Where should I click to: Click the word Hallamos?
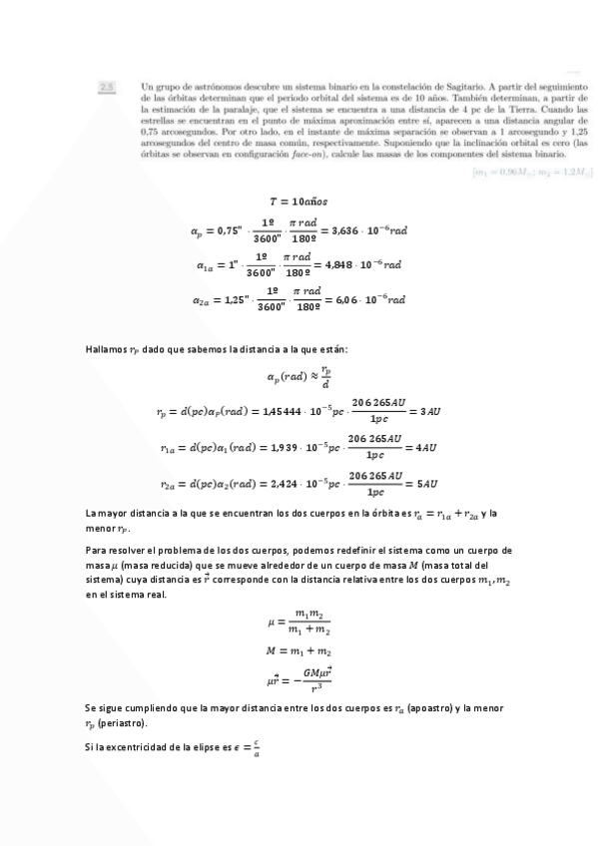[105, 349]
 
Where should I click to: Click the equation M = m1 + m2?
[299, 651]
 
